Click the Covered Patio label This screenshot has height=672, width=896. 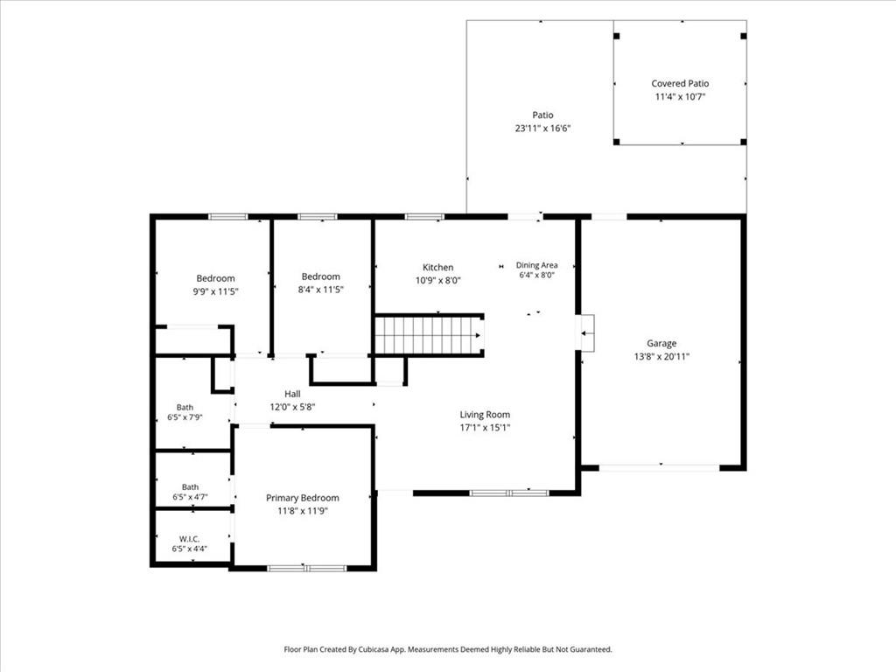tap(680, 83)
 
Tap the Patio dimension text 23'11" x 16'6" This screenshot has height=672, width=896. tap(542, 128)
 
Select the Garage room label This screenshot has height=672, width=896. tap(661, 343)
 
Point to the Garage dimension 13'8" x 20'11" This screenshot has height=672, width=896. tap(661, 357)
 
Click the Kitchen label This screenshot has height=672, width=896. tap(438, 268)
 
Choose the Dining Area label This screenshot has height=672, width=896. tap(536, 265)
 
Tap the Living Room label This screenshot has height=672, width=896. tap(485, 415)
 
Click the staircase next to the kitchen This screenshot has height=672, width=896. tap(429, 335)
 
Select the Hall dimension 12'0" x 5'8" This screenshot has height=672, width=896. tap(292, 408)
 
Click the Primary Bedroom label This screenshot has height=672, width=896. tap(302, 498)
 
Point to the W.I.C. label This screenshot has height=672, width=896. tap(190, 539)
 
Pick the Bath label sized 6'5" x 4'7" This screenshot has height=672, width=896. tap(190, 486)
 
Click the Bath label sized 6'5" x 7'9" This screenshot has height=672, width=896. tap(185, 408)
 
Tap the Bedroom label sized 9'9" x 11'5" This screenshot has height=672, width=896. tap(215, 278)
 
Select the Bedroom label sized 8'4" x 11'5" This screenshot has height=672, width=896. tap(320, 276)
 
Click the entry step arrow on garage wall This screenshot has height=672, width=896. tap(587, 333)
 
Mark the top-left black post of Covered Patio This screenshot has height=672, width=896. tap(617, 36)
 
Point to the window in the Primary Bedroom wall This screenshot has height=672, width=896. tap(307, 568)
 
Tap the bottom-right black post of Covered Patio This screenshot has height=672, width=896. tap(744, 142)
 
